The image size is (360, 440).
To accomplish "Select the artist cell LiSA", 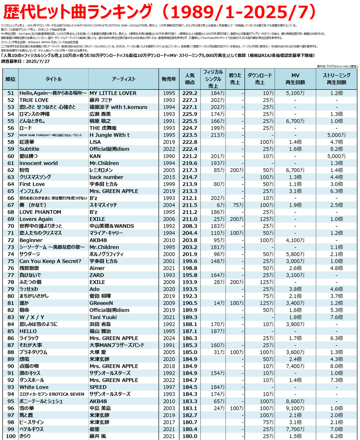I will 96,142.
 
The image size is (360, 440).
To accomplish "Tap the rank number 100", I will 11,436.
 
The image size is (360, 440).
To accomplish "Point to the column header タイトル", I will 53,79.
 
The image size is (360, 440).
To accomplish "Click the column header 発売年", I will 169,79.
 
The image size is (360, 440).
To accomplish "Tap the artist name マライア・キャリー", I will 107,233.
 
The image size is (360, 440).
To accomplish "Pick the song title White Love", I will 32,387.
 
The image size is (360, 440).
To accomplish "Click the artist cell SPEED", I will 98,387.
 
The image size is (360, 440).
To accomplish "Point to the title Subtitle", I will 30,149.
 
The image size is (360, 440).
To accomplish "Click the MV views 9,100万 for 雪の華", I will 295,408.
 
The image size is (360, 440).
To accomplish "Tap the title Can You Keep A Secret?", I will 50,261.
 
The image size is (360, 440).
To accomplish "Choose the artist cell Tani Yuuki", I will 103,317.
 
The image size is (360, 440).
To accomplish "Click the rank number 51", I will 11,93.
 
